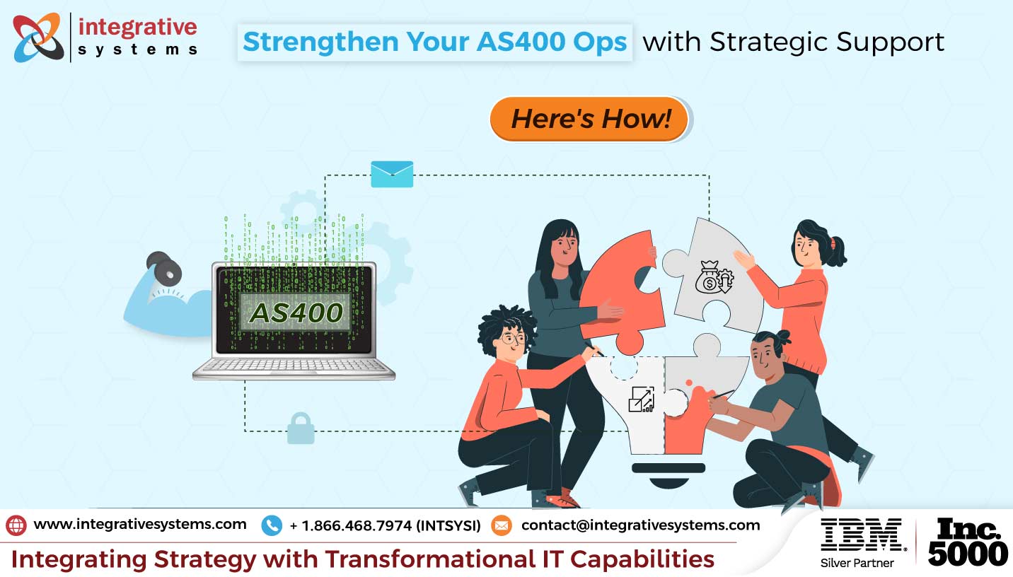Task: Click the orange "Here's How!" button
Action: coord(589,119)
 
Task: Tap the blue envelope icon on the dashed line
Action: coord(392,174)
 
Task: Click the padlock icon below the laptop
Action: coord(301,428)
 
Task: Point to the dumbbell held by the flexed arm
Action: coord(163,269)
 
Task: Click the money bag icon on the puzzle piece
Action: coord(714,277)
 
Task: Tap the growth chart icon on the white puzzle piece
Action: coord(642,399)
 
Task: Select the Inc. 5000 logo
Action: coord(967,542)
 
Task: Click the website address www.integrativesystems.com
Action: coord(140,524)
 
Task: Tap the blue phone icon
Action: coord(272,525)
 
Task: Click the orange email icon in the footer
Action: coord(501,525)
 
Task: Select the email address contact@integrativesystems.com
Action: coord(640,525)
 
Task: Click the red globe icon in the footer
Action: coord(16,525)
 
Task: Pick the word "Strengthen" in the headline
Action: coord(320,42)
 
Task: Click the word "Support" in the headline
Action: coord(890,43)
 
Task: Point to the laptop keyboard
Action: coord(294,366)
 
